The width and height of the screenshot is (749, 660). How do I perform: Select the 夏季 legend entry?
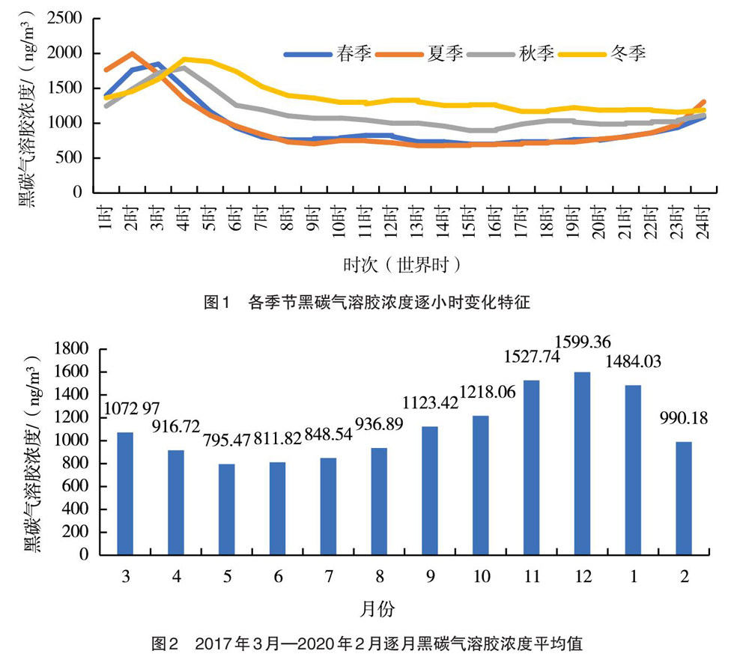[x=420, y=54]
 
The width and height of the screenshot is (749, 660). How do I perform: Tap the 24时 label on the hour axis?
[x=703, y=219]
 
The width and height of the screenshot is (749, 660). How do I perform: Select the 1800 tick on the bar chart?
[x=72, y=349]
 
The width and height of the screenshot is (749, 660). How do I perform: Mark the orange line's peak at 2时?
[x=133, y=54]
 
